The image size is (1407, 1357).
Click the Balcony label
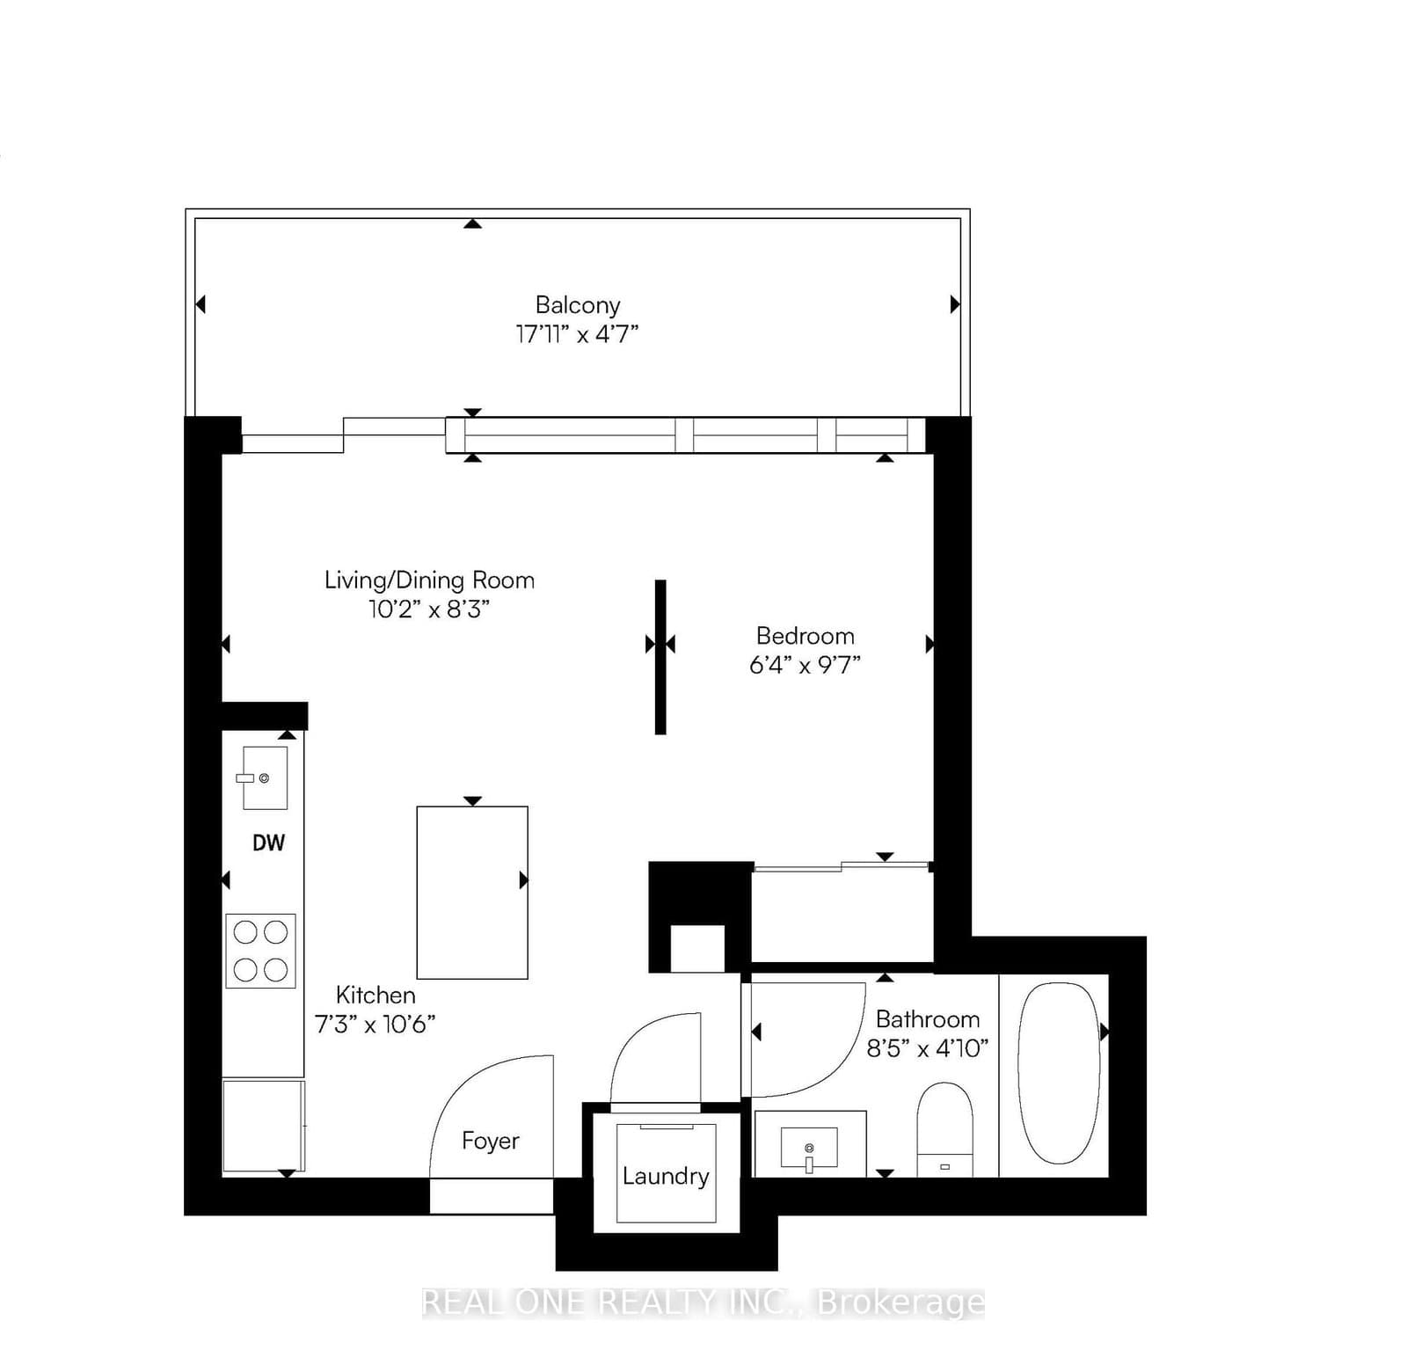click(578, 305)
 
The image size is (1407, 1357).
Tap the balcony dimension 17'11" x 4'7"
click(577, 334)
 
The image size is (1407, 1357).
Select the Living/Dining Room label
click(429, 580)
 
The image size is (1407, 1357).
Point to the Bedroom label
click(805, 636)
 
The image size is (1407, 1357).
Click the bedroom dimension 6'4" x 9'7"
click(805, 665)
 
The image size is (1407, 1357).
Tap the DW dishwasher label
click(268, 843)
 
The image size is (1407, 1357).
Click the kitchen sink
click(264, 777)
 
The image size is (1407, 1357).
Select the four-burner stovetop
click(260, 950)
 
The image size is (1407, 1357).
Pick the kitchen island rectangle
click(472, 892)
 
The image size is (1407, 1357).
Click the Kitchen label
click(375, 995)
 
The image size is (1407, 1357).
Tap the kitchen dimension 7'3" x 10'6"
click(375, 1024)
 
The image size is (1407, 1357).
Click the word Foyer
click(490, 1141)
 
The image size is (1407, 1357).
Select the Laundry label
click(666, 1176)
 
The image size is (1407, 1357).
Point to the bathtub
click(1058, 1073)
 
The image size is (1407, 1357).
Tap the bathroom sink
click(809, 1147)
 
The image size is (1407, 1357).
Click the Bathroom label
click(928, 1019)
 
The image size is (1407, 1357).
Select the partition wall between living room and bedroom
click(660, 656)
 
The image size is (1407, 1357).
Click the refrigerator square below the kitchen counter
click(263, 1127)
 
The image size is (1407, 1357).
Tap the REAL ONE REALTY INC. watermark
click(703, 1302)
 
